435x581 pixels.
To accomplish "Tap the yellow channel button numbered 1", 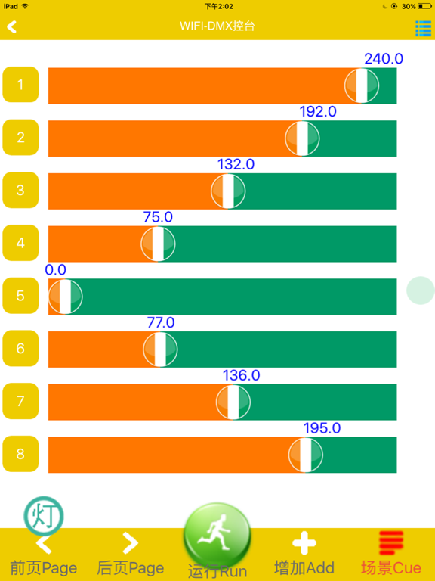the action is (x=20, y=85).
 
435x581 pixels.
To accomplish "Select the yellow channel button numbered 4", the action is (x=20, y=243).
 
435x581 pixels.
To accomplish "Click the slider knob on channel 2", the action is (x=302, y=138).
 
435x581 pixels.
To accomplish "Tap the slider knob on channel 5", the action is (x=65, y=297).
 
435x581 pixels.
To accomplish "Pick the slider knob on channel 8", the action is (x=306, y=455).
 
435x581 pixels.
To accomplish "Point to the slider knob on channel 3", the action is (x=228, y=191).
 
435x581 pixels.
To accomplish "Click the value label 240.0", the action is (x=384, y=59).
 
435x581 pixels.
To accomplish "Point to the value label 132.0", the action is (x=236, y=164).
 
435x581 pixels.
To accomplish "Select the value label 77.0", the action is (x=161, y=323).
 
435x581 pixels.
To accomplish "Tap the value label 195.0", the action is (x=322, y=428).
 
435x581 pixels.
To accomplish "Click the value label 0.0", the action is (x=55, y=270).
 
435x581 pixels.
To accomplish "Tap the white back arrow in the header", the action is (x=11, y=26).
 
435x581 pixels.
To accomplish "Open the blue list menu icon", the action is (x=423, y=28).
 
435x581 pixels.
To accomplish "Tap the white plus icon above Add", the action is (x=304, y=543).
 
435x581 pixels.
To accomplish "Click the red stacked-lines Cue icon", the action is (x=391, y=543).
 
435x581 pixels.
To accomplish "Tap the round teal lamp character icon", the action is (x=44, y=516).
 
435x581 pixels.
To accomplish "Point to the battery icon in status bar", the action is (x=424, y=6).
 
